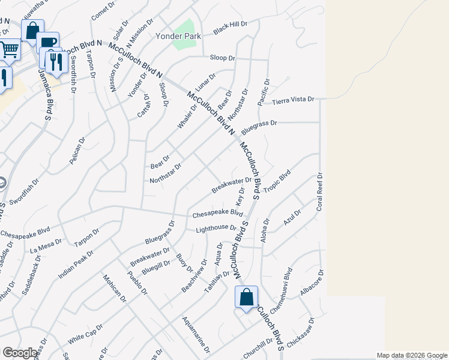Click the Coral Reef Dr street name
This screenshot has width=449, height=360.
[320, 191]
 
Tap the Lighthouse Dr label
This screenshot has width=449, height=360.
[216, 228]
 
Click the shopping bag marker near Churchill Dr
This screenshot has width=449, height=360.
[246, 298]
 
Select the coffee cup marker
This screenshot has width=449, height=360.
[47, 43]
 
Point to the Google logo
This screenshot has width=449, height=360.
[20, 353]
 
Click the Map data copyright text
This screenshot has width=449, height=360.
[411, 355]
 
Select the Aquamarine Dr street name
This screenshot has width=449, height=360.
[196, 334]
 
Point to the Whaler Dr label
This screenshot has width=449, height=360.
[187, 116]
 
